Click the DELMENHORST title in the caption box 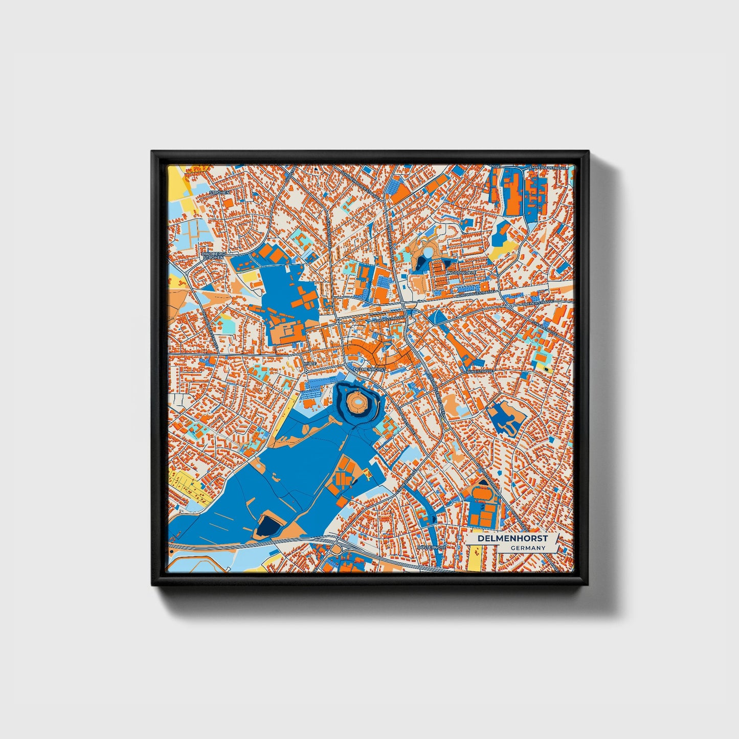coord(513,539)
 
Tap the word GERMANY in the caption coord(528,548)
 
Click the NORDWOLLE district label coord(463,273)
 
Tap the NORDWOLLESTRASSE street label coord(476,293)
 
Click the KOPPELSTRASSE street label coord(390,319)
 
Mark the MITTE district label coord(311,363)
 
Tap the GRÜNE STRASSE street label coord(479,371)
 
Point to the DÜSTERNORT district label coord(432,547)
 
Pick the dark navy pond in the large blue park coord(267,524)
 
